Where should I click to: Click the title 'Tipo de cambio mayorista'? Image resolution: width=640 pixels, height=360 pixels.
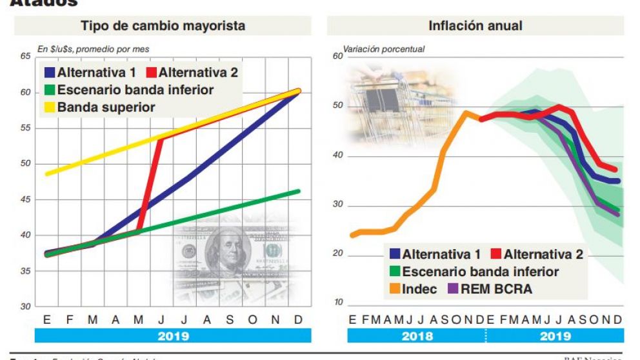click(x=163, y=26)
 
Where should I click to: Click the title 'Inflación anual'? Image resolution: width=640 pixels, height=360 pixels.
click(x=475, y=26)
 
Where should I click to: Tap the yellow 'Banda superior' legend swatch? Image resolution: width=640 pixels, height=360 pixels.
click(x=50, y=107)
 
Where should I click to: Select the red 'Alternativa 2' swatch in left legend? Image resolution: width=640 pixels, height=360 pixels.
click(x=151, y=72)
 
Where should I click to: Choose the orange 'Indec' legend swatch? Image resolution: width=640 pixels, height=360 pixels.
click(x=393, y=289)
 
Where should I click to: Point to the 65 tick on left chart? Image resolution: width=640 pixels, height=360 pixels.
click(x=25, y=57)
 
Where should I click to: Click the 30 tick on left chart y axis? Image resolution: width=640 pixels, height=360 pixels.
click(x=25, y=306)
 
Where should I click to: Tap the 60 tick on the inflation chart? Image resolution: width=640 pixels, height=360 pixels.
click(x=337, y=56)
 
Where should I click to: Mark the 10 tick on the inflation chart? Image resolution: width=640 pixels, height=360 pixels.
click(x=337, y=304)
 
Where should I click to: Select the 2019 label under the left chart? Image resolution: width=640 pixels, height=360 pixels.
click(x=173, y=336)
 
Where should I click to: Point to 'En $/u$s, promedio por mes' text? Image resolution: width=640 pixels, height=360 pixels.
click(x=93, y=48)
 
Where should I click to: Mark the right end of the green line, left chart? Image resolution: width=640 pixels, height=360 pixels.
click(x=299, y=191)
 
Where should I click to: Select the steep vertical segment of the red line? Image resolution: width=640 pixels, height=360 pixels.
click(x=150, y=184)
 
